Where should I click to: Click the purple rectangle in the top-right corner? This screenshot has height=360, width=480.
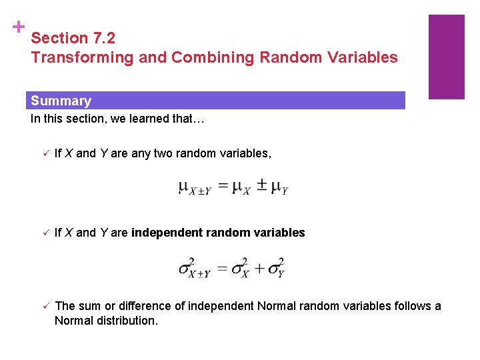pos(446,57)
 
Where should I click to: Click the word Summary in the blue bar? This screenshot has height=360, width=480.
pos(61,101)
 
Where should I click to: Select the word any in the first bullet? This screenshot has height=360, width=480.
pos(141,154)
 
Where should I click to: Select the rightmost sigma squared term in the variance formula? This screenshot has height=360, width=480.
pos(276,267)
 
